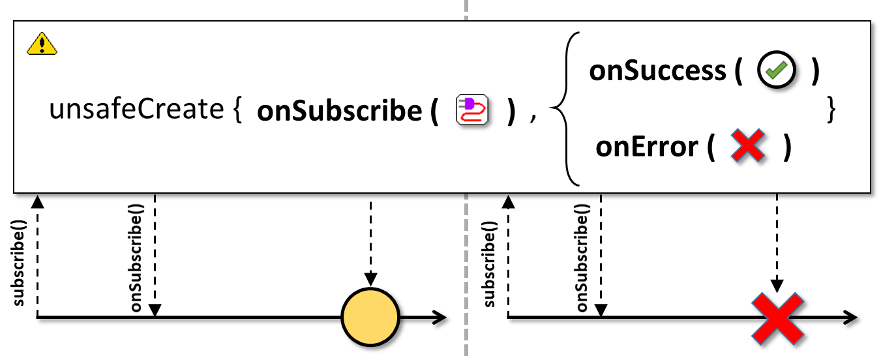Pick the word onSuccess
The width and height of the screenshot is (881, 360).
657,70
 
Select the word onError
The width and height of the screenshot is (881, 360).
646,147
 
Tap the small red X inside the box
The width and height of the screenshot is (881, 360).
747,145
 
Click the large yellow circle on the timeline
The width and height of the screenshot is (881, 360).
370,317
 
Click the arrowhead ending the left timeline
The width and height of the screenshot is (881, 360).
440,318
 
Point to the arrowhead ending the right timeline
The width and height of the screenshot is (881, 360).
850,318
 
